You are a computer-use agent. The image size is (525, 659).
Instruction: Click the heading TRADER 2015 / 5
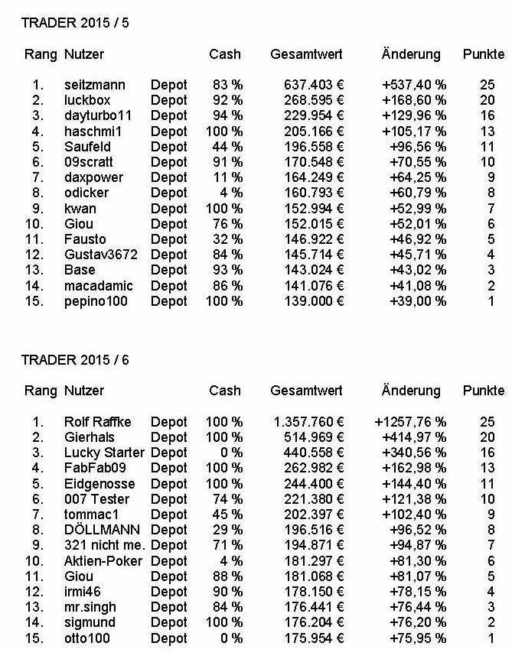pos(75,23)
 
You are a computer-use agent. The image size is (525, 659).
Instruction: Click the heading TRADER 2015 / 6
pos(75,359)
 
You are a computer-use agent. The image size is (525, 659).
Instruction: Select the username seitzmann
pos(94,85)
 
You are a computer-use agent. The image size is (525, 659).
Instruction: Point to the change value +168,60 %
pos(414,100)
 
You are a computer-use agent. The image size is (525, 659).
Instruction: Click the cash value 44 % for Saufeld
pos(228,146)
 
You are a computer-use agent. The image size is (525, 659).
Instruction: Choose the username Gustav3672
pos(101,255)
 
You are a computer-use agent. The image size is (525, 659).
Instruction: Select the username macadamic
pos(99,285)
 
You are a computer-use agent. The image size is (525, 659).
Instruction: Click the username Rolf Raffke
pos(98,422)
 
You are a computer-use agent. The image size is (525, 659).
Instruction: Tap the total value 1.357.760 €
pos(308,422)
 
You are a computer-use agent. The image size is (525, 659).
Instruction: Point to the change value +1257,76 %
pos(411,422)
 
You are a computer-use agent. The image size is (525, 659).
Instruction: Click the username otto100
pos(89,638)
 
